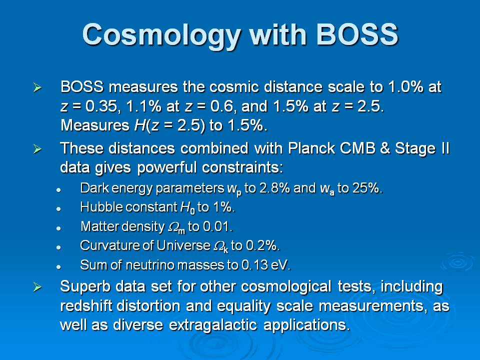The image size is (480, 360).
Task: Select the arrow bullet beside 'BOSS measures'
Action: point(37,88)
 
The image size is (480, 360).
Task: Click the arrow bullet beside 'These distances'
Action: point(37,149)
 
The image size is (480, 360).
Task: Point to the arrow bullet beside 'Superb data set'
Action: point(37,287)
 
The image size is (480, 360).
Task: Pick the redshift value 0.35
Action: point(101,106)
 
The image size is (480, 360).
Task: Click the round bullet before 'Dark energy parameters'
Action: point(58,190)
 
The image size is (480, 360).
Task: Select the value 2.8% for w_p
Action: point(274,188)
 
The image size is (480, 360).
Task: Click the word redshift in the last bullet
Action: point(86,305)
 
